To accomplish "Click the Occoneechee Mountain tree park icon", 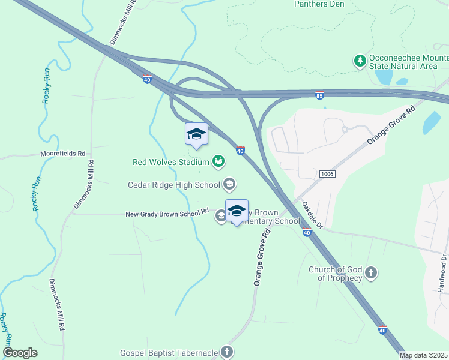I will (x=360, y=61).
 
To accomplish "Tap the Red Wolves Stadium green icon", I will (x=218, y=161).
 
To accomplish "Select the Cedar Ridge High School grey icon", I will (x=229, y=184).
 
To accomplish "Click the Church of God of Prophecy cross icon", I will (x=371, y=274).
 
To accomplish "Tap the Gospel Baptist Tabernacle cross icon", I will (x=226, y=353).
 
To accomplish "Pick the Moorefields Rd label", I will (x=62, y=154).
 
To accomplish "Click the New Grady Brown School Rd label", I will (x=167, y=214).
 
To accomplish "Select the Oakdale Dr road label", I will (x=312, y=215).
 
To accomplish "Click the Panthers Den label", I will (x=318, y=4).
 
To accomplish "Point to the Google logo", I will (x=20, y=353).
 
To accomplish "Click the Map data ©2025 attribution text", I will (x=424, y=355).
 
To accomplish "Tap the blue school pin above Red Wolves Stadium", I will (x=196, y=134).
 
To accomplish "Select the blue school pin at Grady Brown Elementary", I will (x=237, y=211).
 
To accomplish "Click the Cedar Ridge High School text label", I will (x=174, y=185).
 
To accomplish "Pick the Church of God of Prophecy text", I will (x=335, y=274).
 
